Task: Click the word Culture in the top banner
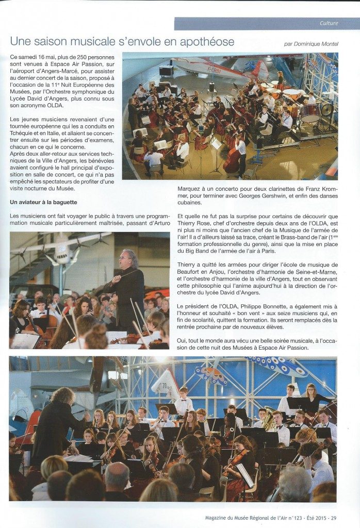(x=329, y=23)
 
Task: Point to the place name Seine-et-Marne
(x=314, y=272)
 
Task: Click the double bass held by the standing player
(x=233, y=160)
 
